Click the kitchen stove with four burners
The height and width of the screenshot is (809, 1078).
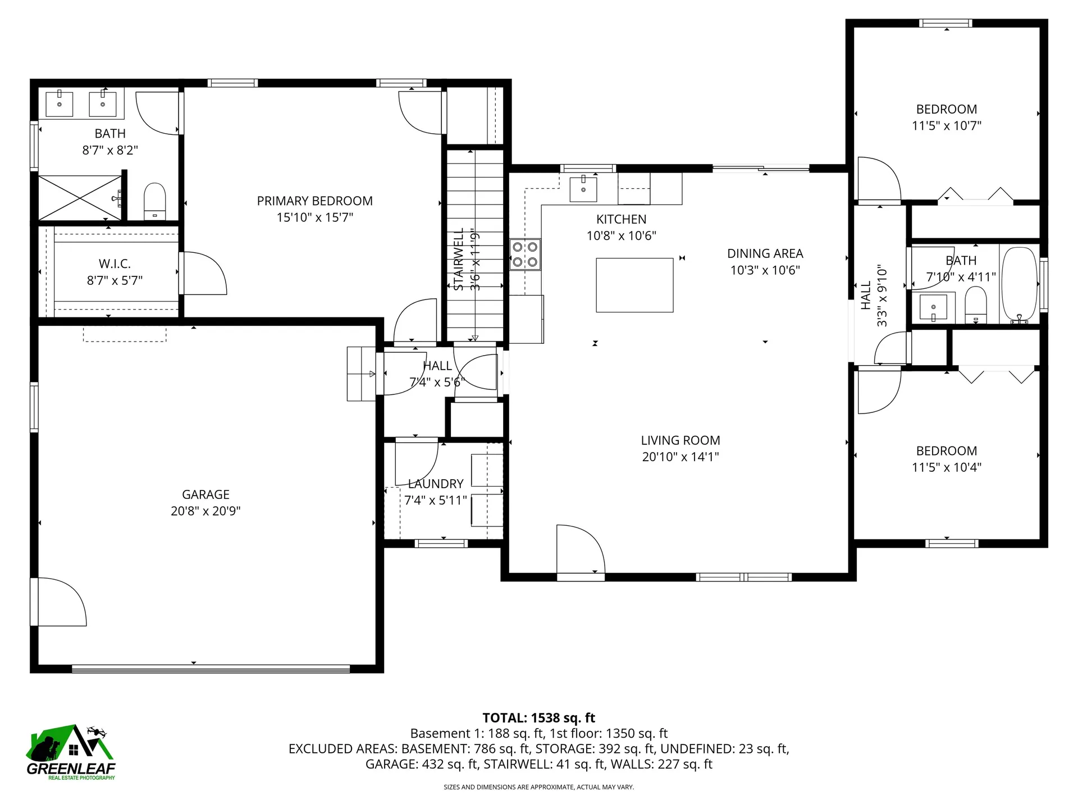click(526, 254)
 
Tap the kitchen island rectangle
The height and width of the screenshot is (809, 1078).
click(634, 285)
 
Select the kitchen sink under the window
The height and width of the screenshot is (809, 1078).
click(583, 188)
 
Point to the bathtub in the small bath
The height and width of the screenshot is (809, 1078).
click(1019, 285)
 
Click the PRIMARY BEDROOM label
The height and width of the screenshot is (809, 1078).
click(314, 201)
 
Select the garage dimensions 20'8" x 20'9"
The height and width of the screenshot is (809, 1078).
click(205, 511)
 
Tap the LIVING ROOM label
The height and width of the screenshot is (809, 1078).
click(680, 440)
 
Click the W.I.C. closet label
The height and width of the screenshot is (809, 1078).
click(115, 263)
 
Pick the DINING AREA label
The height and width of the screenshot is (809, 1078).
click(765, 254)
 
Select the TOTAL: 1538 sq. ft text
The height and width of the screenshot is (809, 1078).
click(538, 718)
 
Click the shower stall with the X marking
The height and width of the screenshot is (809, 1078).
click(80, 198)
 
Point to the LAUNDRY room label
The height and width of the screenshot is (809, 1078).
click(436, 484)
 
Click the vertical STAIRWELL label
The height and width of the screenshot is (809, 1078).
click(459, 259)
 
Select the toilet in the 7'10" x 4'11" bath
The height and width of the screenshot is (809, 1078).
click(976, 305)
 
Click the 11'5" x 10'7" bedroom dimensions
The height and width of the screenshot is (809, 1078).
click(946, 126)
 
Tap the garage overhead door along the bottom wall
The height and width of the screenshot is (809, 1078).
click(211, 669)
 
